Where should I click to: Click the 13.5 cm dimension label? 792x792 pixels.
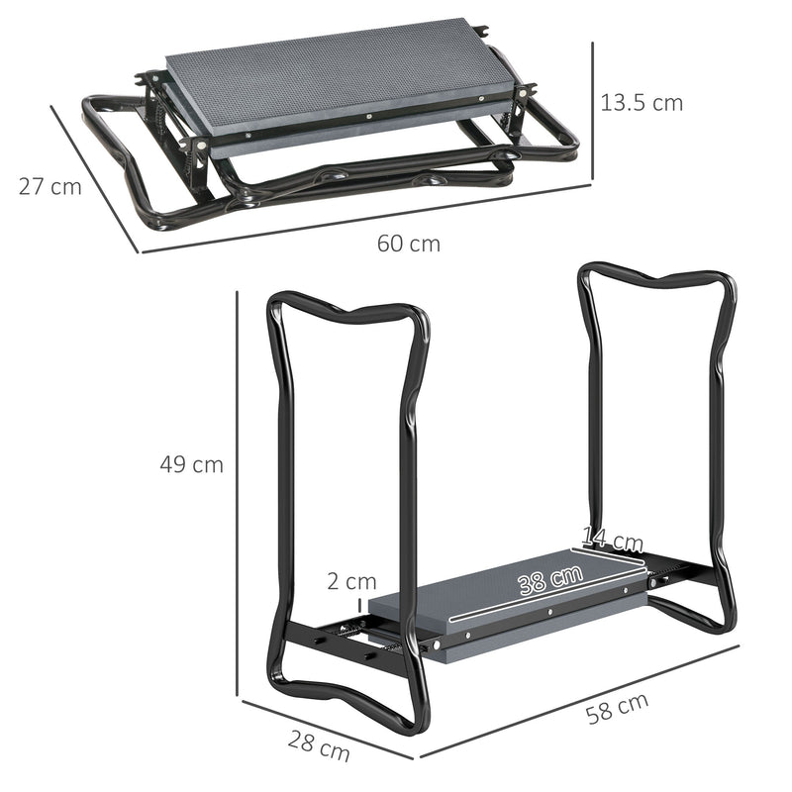(x=641, y=102)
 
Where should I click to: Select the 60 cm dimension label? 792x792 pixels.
(x=408, y=244)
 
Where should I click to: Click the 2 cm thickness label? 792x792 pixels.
(x=351, y=581)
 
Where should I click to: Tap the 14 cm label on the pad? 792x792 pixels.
(x=612, y=541)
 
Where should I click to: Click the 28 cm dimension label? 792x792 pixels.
(x=319, y=743)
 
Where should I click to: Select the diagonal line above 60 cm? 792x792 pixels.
(x=366, y=218)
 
